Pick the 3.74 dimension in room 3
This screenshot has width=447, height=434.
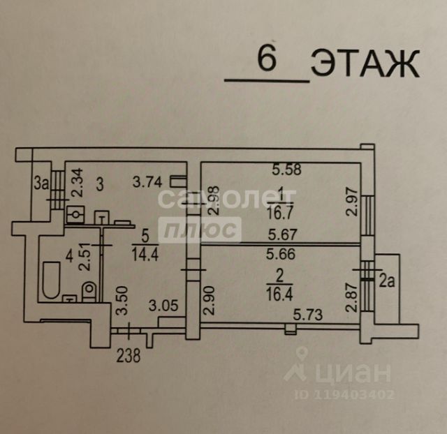(x=147, y=184)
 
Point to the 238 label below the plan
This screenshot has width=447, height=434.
(x=128, y=356)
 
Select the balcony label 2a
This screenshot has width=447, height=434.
(x=386, y=281)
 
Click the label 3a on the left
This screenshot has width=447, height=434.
(x=41, y=184)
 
